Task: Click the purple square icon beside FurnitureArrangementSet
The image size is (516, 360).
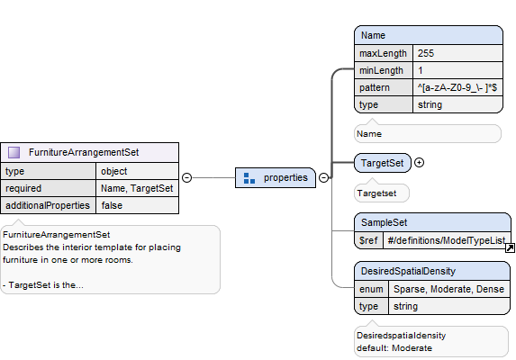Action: click(x=14, y=152)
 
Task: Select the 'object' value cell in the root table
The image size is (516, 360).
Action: click(x=137, y=171)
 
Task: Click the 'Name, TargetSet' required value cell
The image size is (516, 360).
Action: click(x=137, y=188)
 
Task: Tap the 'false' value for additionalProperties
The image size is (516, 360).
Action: click(x=137, y=205)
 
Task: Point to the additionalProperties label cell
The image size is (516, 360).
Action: click(x=48, y=205)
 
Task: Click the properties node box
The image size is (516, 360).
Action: click(x=276, y=178)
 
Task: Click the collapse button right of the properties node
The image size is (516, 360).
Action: click(x=324, y=178)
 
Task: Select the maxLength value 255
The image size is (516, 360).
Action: click(x=457, y=53)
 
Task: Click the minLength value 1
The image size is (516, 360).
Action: click(x=457, y=70)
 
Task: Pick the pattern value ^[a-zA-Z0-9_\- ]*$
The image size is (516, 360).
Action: click(x=457, y=87)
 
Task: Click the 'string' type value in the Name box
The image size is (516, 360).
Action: click(x=457, y=104)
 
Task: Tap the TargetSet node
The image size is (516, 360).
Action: click(x=383, y=163)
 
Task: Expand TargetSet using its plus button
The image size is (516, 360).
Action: click(x=420, y=162)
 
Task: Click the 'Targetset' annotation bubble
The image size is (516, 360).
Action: click(x=382, y=193)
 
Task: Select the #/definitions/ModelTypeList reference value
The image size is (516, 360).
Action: click(x=447, y=240)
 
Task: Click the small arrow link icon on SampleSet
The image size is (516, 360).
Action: click(x=510, y=247)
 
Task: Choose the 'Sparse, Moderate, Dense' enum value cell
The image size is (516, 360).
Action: click(x=449, y=289)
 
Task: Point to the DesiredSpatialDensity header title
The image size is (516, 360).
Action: click(x=409, y=271)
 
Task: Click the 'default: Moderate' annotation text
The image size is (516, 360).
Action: click(x=394, y=347)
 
